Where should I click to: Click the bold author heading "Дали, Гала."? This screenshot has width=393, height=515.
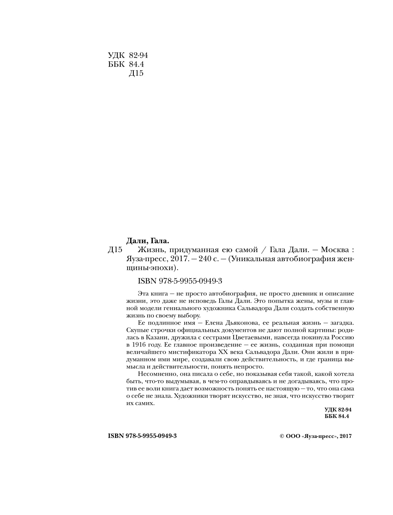pyautogui.click(x=148, y=241)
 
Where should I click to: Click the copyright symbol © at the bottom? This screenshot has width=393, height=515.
pyautogui.click(x=282, y=436)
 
